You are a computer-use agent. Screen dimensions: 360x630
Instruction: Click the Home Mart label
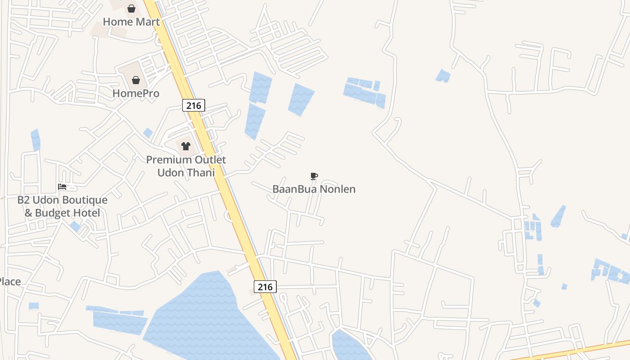(x=131, y=22)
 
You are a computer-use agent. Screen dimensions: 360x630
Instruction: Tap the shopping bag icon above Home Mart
(x=131, y=9)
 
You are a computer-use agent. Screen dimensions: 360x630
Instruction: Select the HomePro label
(x=135, y=93)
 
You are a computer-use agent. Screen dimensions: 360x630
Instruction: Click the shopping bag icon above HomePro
(x=135, y=81)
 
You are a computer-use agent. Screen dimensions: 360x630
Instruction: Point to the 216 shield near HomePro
(x=193, y=105)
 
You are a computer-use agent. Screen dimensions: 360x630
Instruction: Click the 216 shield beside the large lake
(x=265, y=286)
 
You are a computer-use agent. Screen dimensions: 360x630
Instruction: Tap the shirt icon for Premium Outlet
(x=185, y=146)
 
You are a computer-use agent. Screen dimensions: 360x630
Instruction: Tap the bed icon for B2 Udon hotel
(x=62, y=187)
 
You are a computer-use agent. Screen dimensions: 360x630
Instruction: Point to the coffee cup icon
(x=314, y=176)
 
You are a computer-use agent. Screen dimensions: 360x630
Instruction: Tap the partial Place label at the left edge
(x=10, y=282)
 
